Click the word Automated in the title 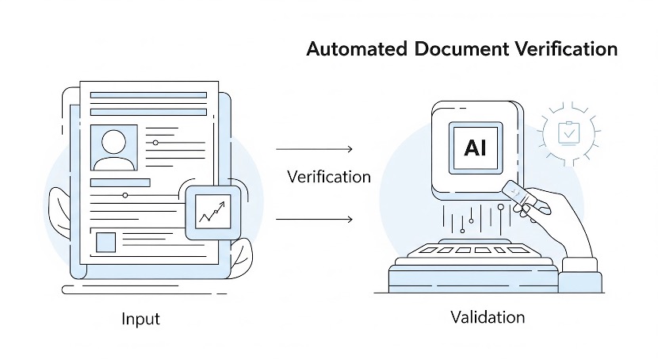pyautogui.click(x=356, y=49)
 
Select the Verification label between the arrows pyautogui.click(x=328, y=176)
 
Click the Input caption pyautogui.click(x=140, y=319)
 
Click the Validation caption pyautogui.click(x=488, y=317)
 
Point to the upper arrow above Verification pyautogui.click(x=314, y=148)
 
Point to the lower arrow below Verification pyautogui.click(x=314, y=219)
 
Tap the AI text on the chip pyautogui.click(x=475, y=148)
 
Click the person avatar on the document pyautogui.click(x=114, y=147)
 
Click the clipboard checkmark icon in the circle pyautogui.click(x=568, y=132)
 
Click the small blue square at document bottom pyautogui.click(x=105, y=241)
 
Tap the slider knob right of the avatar pyautogui.click(x=155, y=143)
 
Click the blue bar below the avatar pyautogui.click(x=120, y=182)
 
